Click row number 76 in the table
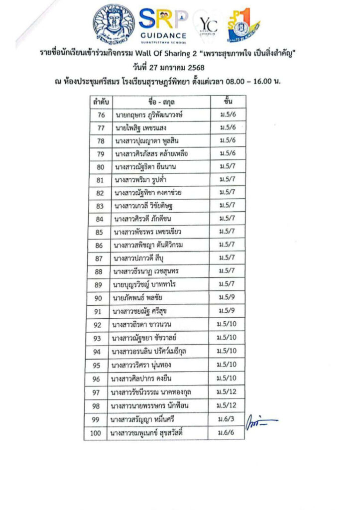coord(101,115)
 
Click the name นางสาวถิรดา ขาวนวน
coord(144,325)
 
